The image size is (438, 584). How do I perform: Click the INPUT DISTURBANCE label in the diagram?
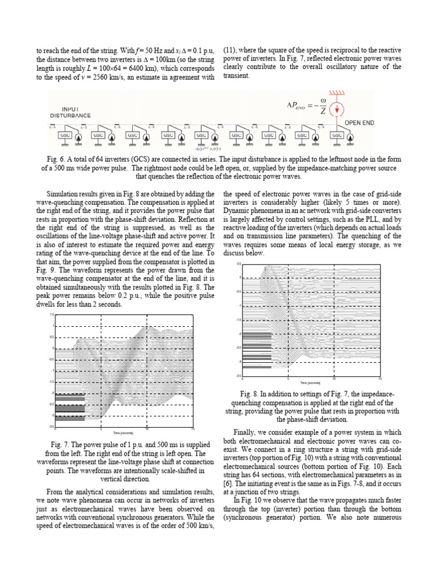pos(70,112)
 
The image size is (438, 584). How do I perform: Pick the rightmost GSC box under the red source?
pos(337,136)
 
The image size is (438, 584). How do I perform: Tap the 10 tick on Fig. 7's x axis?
pos(147,429)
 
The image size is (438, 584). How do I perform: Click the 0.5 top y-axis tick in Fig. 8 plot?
pos(239,264)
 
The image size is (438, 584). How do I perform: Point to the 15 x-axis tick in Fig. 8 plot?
pos(380,379)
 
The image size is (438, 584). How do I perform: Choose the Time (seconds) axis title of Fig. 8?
pos(311,383)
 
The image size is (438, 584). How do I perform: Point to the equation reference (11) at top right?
pos(230,50)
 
